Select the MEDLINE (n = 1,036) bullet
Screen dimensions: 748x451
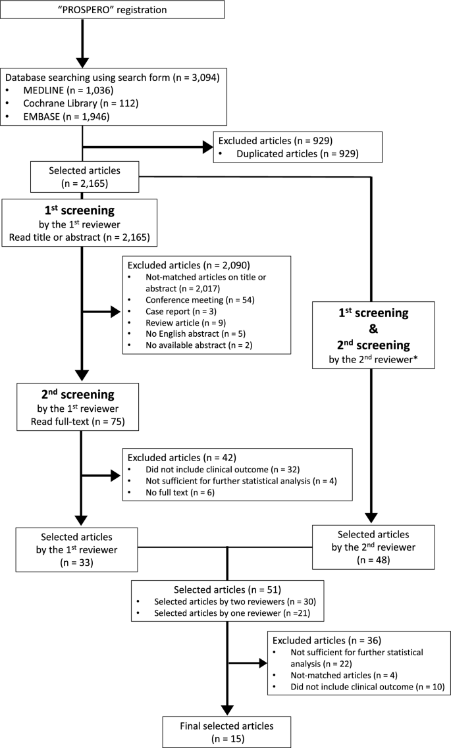70,93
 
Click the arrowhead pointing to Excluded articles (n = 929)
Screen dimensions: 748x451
205,148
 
